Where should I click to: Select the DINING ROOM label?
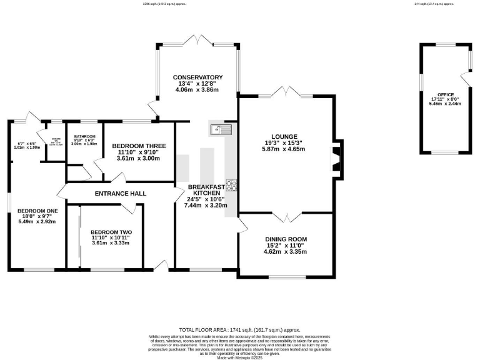(x=285, y=239)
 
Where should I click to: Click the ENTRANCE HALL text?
(x=120, y=194)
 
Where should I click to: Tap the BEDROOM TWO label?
(x=111, y=232)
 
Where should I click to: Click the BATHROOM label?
(x=84, y=136)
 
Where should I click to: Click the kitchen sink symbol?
(x=221, y=129)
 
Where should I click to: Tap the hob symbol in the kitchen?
(x=231, y=184)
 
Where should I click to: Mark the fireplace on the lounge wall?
(x=336, y=154)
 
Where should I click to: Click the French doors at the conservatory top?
(x=197, y=42)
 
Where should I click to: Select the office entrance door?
(x=465, y=79)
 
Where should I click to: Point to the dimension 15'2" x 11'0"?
(x=285, y=246)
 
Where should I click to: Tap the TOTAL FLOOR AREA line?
(x=240, y=329)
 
